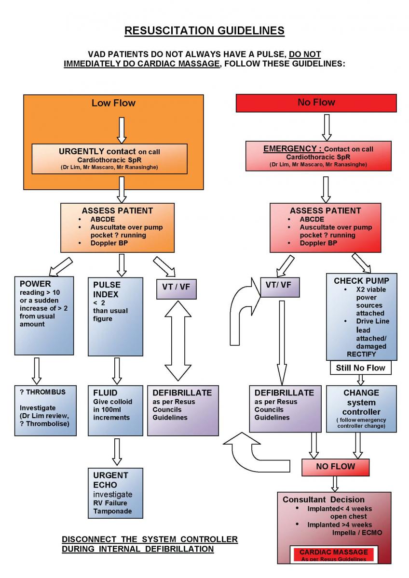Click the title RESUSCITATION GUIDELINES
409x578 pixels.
coord(204,31)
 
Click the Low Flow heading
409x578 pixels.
coord(113,103)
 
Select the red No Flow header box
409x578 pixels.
coord(316,103)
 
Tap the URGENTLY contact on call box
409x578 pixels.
coord(109,158)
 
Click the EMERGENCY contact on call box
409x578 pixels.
coord(318,156)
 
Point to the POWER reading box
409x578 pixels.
coord(45,316)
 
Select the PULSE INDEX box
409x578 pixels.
coord(116,316)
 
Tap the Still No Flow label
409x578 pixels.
coord(360,368)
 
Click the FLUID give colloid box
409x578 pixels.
coord(116,410)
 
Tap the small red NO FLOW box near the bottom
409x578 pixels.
coord(335,466)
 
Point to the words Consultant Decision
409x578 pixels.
coord(324,499)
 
